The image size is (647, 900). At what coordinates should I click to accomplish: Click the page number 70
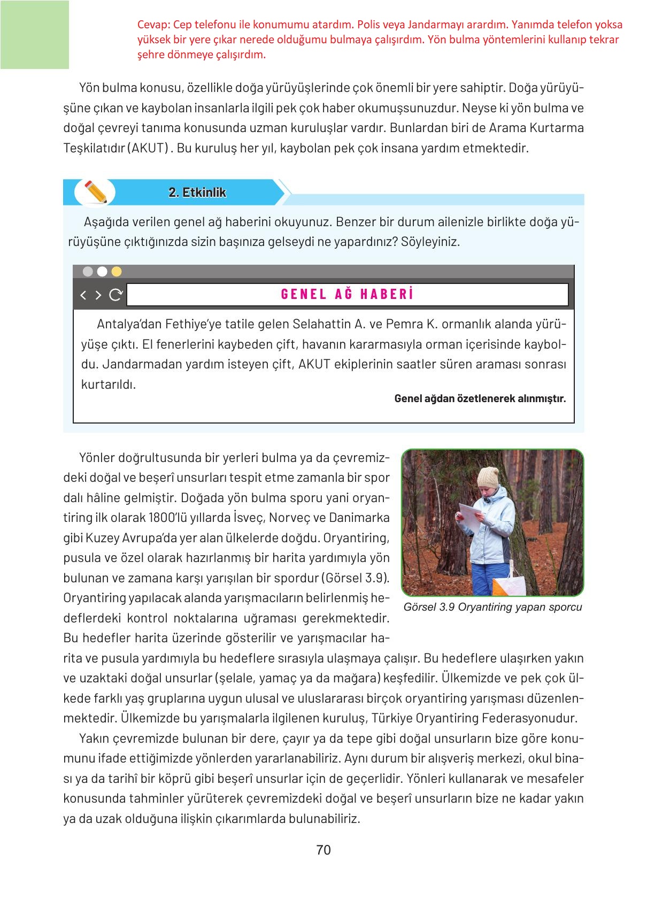(323, 850)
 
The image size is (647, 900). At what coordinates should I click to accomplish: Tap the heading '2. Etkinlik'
(197, 193)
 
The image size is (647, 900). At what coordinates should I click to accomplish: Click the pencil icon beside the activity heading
(96, 191)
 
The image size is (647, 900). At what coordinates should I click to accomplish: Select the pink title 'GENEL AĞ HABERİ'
(347, 294)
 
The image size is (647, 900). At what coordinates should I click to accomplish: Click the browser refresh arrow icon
(115, 295)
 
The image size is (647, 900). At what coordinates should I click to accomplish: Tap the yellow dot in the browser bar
(116, 272)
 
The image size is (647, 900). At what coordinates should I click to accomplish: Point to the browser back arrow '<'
(83, 295)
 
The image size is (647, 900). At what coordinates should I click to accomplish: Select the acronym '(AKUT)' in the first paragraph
(149, 148)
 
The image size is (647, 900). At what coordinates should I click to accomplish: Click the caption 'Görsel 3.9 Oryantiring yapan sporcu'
(492, 607)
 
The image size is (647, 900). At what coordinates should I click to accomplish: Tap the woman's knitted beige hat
(488, 476)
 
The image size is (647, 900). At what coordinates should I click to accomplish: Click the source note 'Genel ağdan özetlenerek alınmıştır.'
(480, 398)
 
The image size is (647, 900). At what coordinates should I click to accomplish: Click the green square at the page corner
(35, 35)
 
